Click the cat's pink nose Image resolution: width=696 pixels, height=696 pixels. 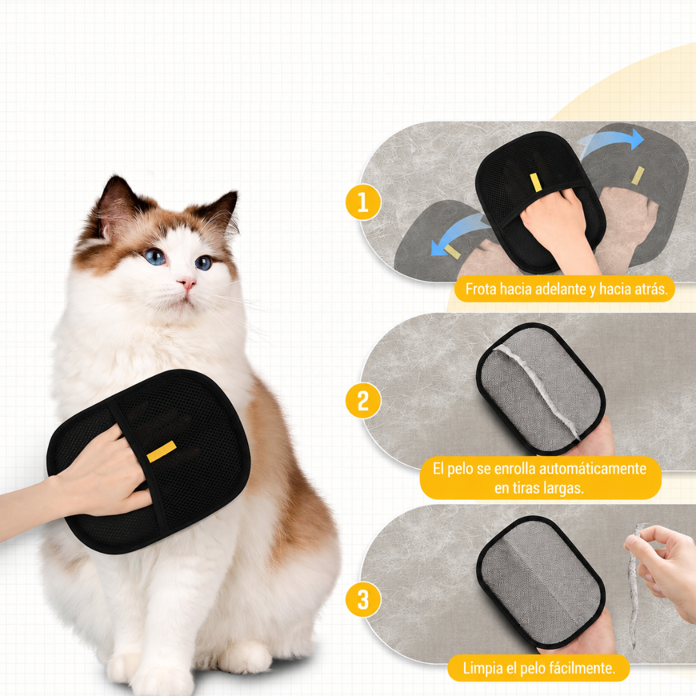pyautogui.click(x=187, y=283)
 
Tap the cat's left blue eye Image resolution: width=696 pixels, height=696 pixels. pyautogui.click(x=155, y=256)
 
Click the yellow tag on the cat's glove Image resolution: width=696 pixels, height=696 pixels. pyautogui.click(x=162, y=451)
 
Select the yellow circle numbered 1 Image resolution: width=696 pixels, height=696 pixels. pyautogui.click(x=363, y=202)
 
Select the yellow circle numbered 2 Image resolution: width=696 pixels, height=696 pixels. pyautogui.click(x=363, y=400)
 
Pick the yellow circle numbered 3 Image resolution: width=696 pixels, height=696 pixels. pyautogui.click(x=363, y=599)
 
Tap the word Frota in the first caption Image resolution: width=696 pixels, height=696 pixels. pyautogui.click(x=481, y=289)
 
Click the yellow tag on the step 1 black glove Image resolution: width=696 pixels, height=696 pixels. pyautogui.click(x=536, y=182)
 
